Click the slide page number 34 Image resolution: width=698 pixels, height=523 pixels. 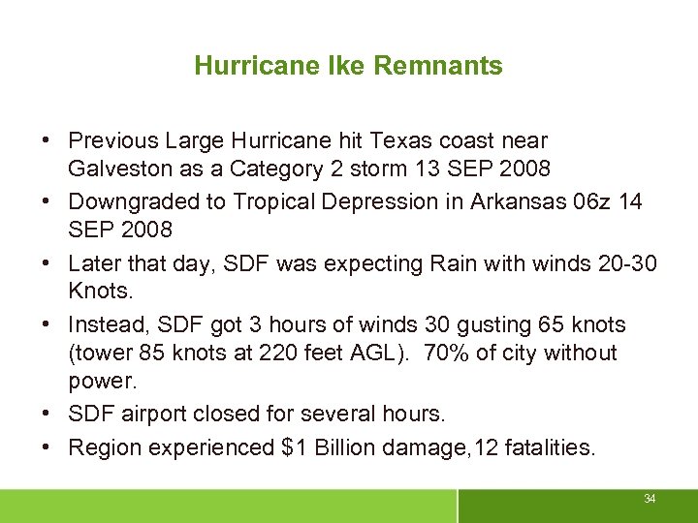[x=650, y=499]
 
